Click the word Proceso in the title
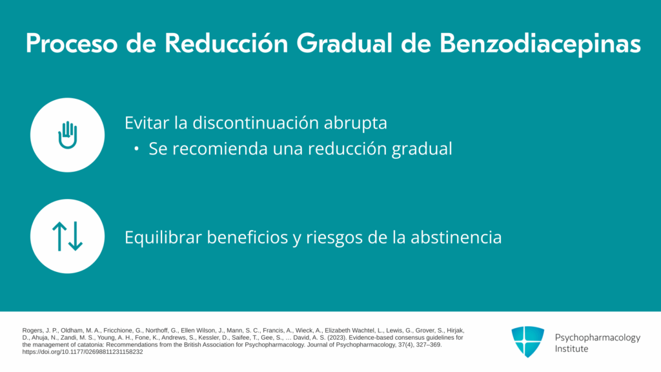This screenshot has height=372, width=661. pos(71,43)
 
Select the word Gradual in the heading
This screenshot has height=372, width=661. pos(345,43)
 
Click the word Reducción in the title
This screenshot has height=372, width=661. pos(226,43)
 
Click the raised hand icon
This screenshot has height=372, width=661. pos(67,135)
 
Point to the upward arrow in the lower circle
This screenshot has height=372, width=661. pos(59,236)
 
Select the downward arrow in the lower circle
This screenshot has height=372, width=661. pos(76,236)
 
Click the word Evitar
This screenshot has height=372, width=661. pos(147,123)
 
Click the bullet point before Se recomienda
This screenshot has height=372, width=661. pos(136,149)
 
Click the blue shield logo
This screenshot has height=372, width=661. pos(528,342)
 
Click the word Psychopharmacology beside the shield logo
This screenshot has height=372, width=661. pos(597,338)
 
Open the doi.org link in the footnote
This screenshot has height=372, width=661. pos(83,352)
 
